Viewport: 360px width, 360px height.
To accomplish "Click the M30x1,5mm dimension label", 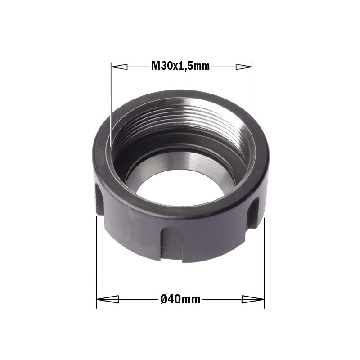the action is pos(180,66).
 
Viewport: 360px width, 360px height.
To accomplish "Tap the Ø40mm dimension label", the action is pos(180,299).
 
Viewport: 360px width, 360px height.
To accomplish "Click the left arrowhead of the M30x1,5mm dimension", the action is pos(119,67).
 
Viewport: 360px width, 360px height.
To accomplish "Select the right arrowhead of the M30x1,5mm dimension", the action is pos(244,67).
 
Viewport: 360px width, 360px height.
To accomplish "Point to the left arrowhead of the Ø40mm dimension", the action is pos(108,299).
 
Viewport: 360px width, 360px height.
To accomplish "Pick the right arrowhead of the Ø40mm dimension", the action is pos(253,299).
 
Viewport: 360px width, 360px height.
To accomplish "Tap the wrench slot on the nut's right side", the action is pos(253,212).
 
